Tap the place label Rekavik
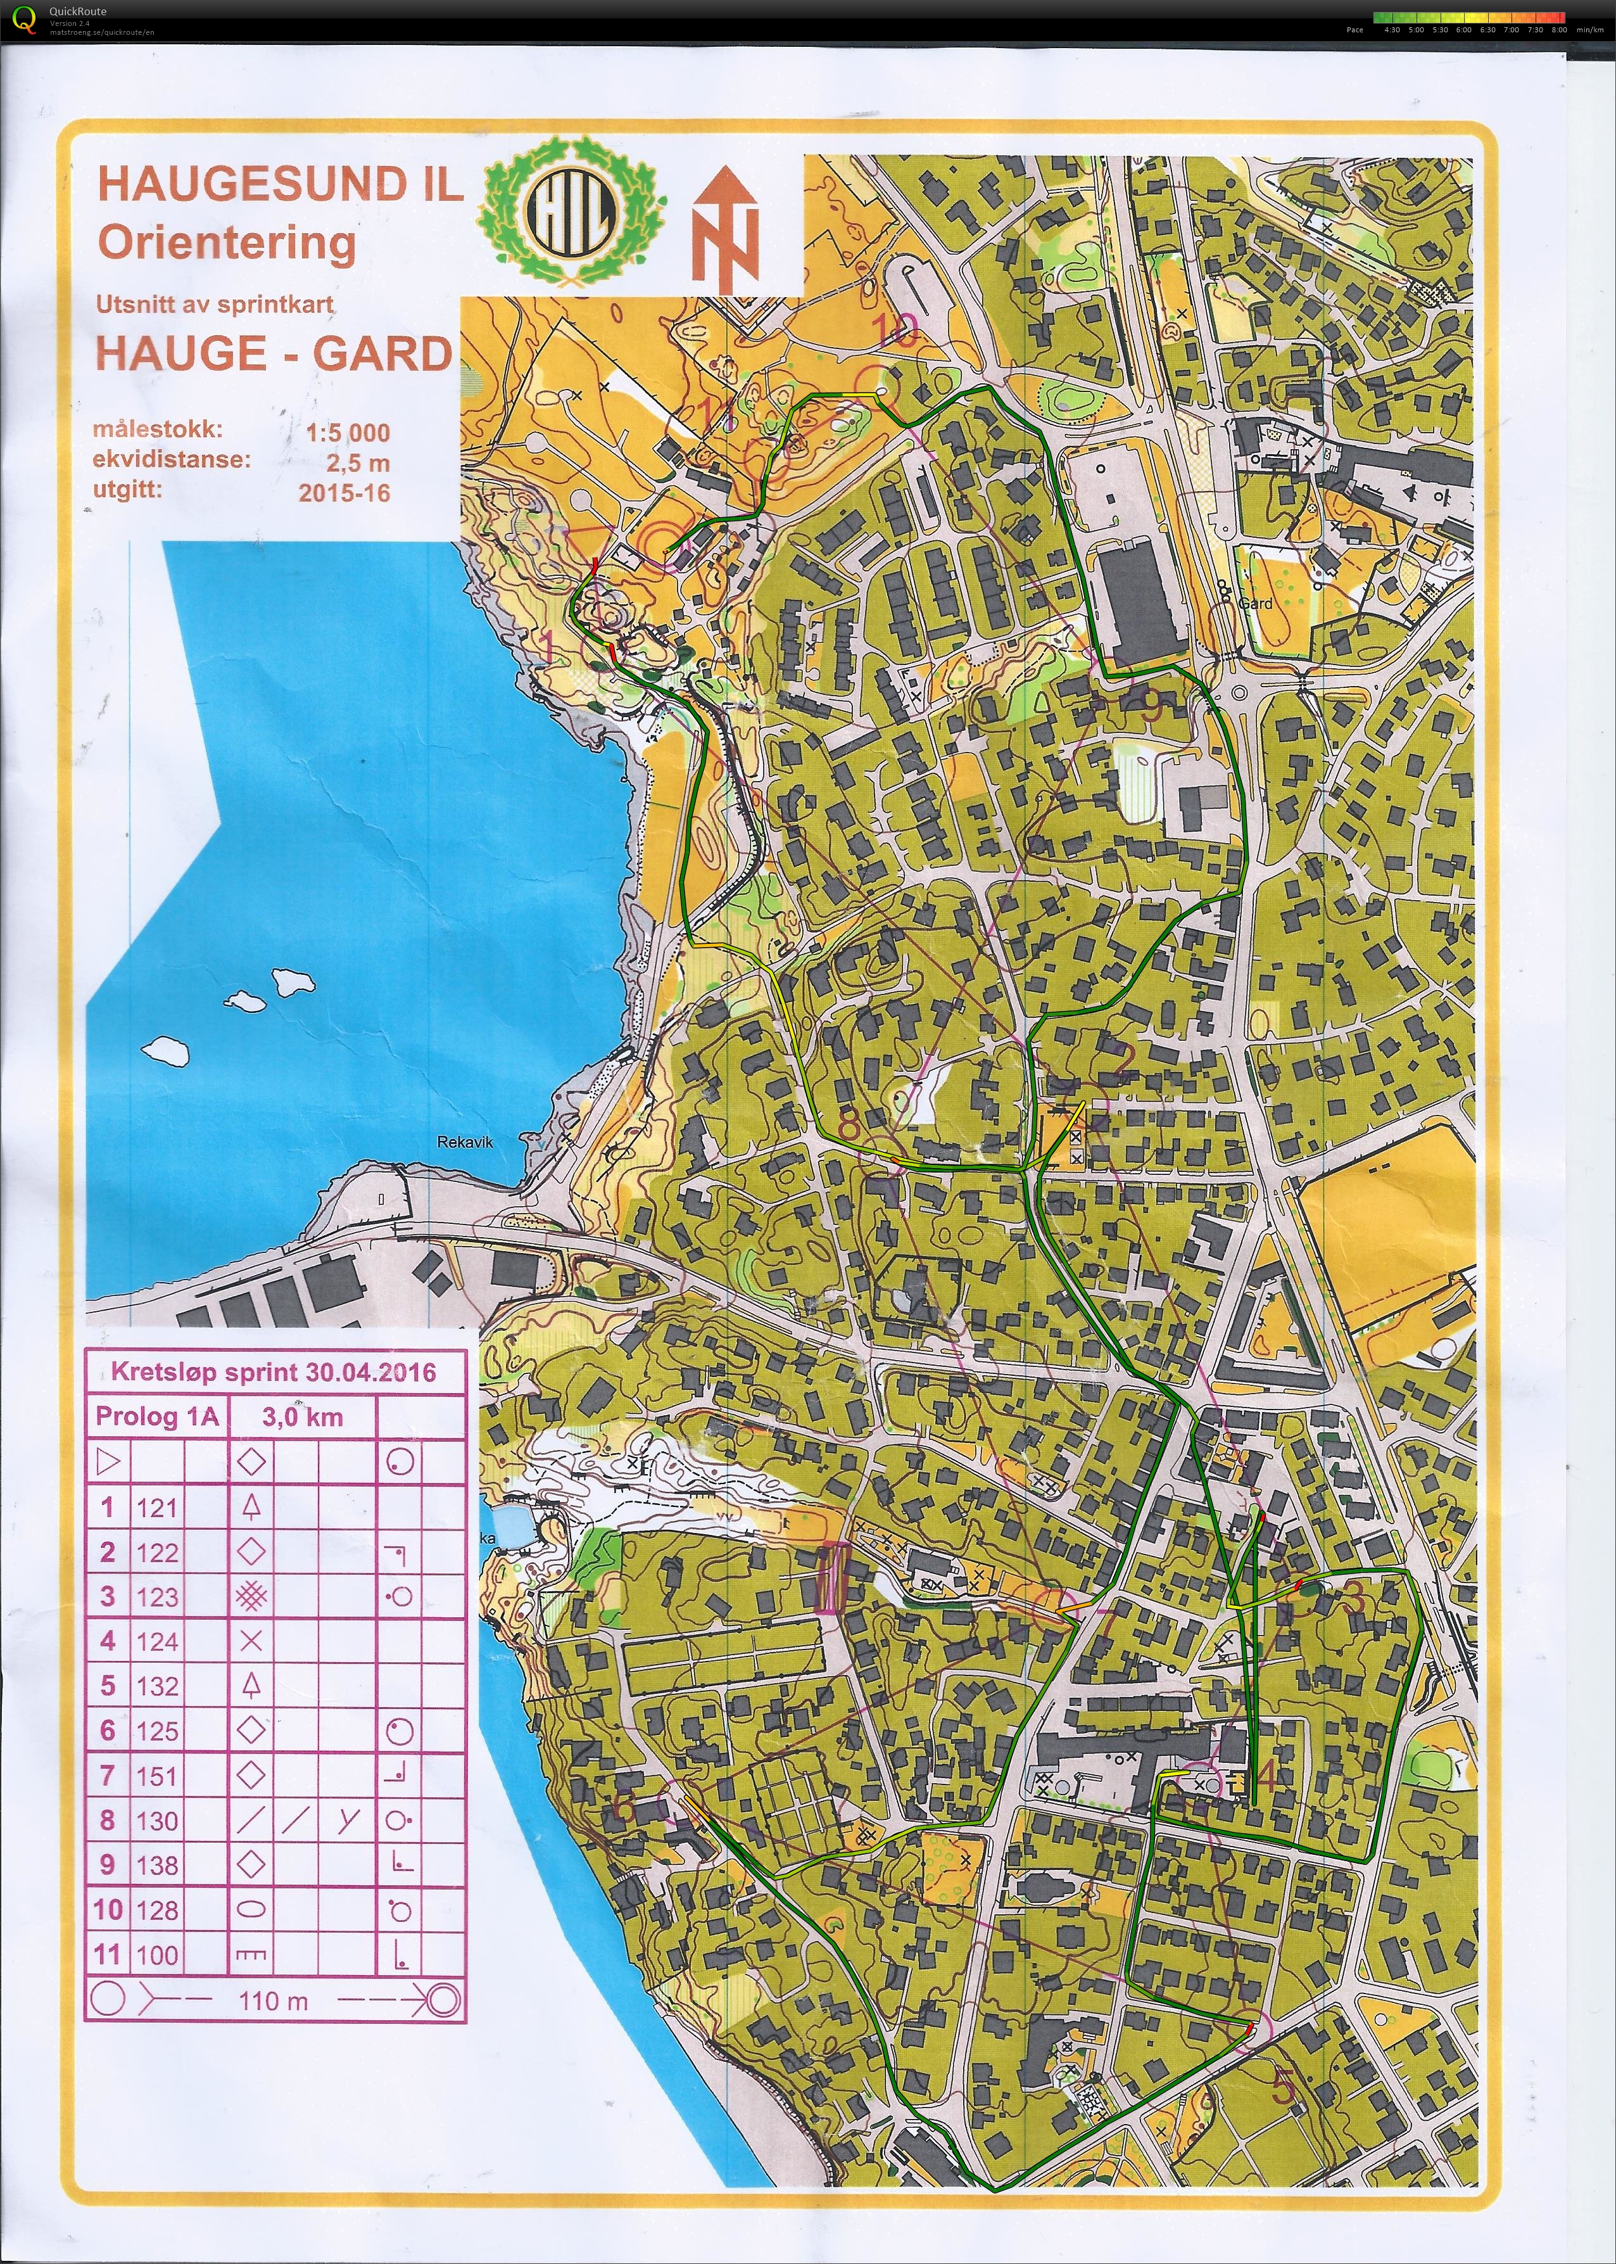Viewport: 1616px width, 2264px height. tap(465, 1142)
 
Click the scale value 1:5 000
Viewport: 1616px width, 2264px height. tap(347, 433)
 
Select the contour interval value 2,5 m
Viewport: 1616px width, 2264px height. tap(357, 463)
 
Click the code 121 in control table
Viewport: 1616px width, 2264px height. tap(157, 1508)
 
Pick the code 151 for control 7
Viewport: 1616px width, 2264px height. tap(157, 1776)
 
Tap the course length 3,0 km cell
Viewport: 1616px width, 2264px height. tap(303, 1417)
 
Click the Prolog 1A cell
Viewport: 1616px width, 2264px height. tap(156, 1417)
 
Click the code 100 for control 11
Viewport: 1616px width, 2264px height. tap(157, 1954)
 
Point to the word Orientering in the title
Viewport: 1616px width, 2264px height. tap(227, 243)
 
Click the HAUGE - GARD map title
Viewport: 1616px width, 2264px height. tap(273, 353)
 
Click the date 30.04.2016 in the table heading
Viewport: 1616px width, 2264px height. tap(370, 1372)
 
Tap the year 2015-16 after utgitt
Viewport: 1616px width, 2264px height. tap(344, 493)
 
